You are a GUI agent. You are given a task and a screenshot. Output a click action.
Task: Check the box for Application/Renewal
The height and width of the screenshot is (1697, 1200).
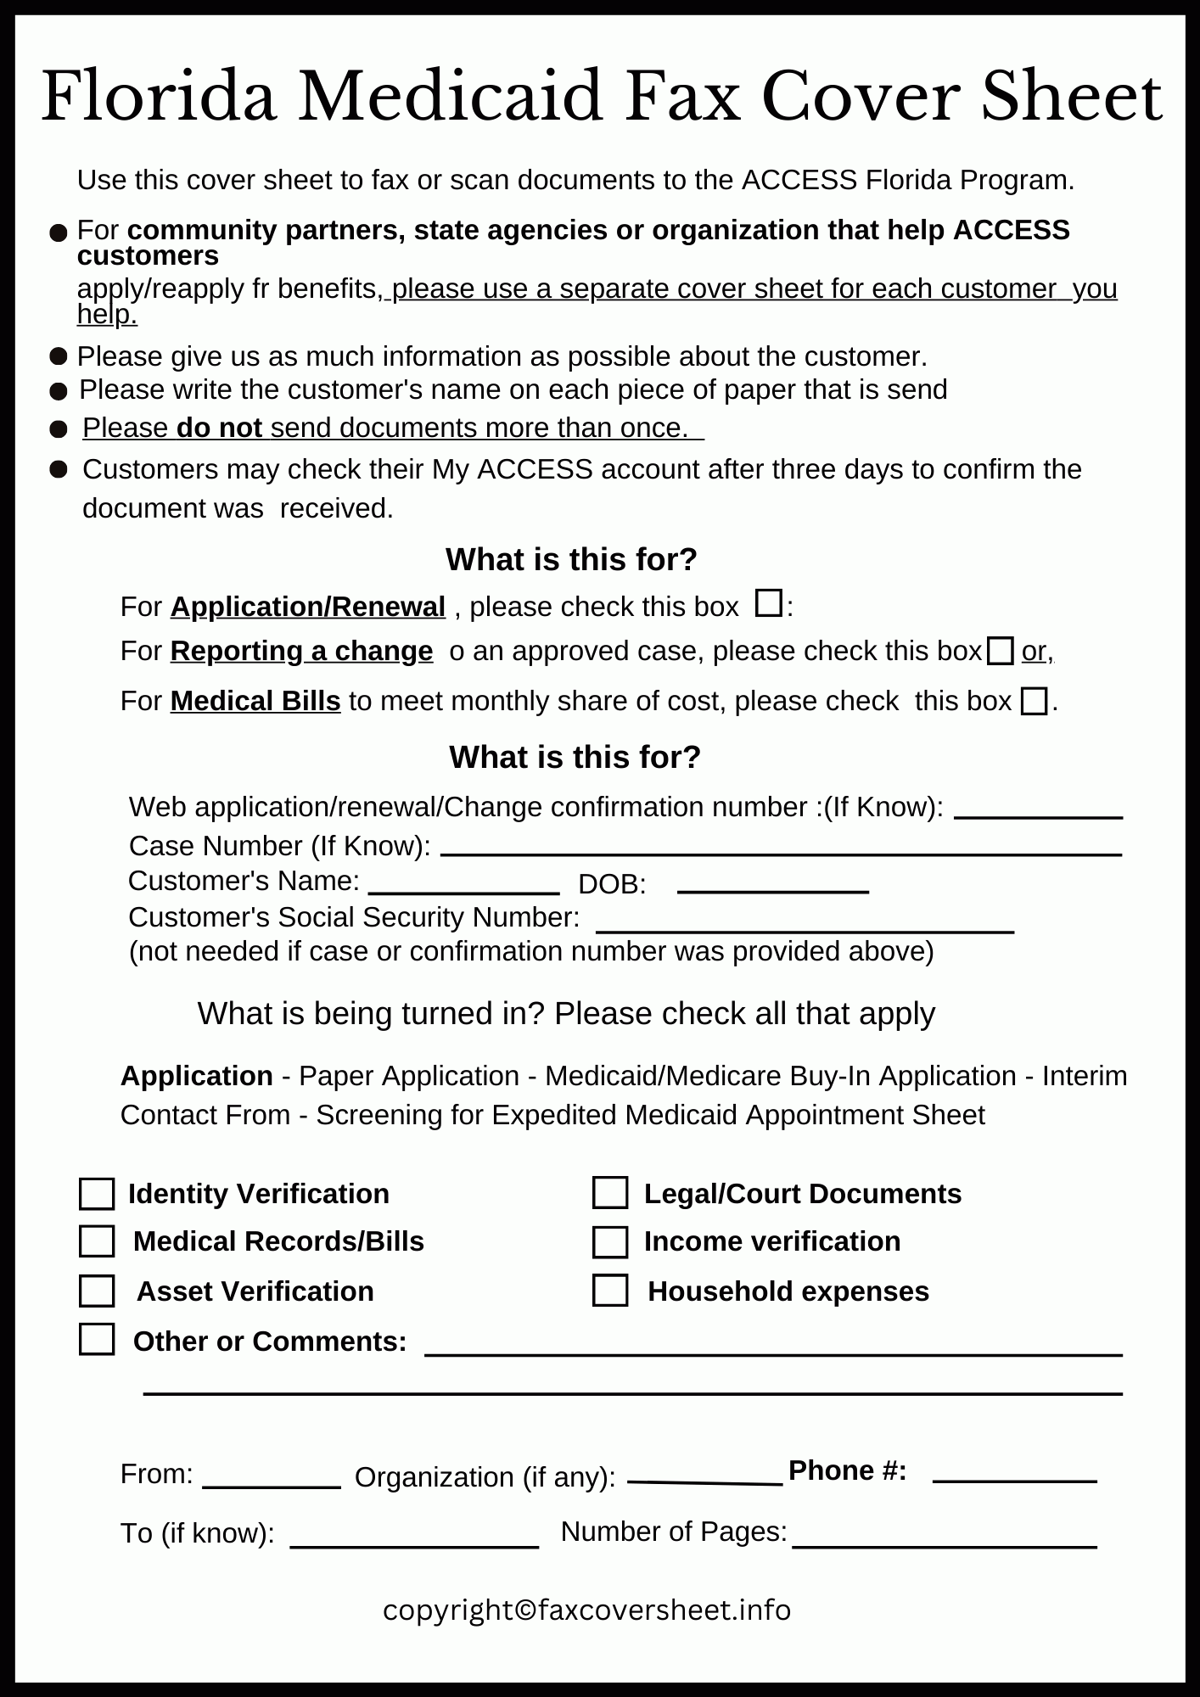tap(769, 603)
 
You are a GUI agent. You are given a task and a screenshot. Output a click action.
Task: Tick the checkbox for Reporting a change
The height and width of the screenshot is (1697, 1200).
tap(1001, 652)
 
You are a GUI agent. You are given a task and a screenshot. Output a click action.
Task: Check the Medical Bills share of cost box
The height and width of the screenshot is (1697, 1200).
tap(1034, 702)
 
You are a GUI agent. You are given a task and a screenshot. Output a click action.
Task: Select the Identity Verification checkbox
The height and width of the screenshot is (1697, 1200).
tap(97, 1194)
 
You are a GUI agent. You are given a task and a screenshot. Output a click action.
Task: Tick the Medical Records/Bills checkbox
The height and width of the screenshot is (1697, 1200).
tap(97, 1241)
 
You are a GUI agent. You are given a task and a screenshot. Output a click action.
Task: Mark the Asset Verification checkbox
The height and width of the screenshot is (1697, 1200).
tap(97, 1291)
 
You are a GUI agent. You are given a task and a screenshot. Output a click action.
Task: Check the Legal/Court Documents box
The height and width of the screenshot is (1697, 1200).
tap(610, 1193)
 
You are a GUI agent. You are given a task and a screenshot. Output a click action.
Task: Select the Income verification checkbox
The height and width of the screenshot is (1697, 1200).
tap(610, 1242)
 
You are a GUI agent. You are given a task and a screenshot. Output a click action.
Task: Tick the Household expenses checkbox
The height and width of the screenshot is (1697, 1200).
tap(610, 1291)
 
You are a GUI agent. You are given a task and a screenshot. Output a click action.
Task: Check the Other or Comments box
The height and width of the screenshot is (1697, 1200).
tap(97, 1341)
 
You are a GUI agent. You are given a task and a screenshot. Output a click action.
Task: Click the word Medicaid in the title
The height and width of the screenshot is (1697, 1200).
tap(450, 98)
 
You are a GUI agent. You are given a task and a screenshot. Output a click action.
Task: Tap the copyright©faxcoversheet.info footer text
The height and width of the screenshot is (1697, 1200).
tap(586, 1610)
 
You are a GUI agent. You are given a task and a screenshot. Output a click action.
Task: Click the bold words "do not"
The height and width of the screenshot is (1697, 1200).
tap(219, 428)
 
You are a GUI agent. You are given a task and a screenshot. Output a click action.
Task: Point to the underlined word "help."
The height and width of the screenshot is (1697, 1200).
tap(107, 315)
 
